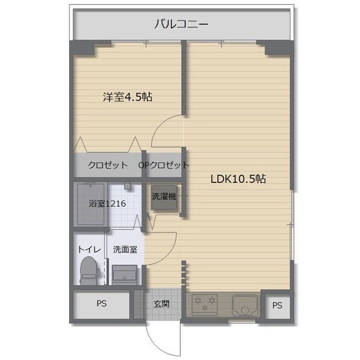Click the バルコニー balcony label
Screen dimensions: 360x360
[x=181, y=24]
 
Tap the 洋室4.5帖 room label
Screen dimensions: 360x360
[x=127, y=97]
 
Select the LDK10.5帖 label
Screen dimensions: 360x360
[x=238, y=179]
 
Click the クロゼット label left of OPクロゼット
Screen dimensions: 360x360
[x=107, y=165]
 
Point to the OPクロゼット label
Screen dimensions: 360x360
[x=164, y=165]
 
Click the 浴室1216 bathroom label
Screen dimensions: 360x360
[x=107, y=203]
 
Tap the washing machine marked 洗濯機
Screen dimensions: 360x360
[x=164, y=197]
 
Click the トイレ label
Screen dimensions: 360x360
[x=89, y=249]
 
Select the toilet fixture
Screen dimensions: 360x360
[x=88, y=271]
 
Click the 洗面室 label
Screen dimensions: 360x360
[x=125, y=250]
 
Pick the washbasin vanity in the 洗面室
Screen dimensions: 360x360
[x=125, y=275]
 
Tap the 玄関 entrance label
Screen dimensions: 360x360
[x=161, y=304]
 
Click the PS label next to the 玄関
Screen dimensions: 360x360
[x=101, y=304]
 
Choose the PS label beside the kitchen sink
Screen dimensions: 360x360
[x=277, y=305]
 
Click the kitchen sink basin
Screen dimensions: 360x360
[x=245, y=306]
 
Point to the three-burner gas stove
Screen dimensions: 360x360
[x=205, y=305]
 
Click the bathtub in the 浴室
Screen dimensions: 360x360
[x=91, y=204]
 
